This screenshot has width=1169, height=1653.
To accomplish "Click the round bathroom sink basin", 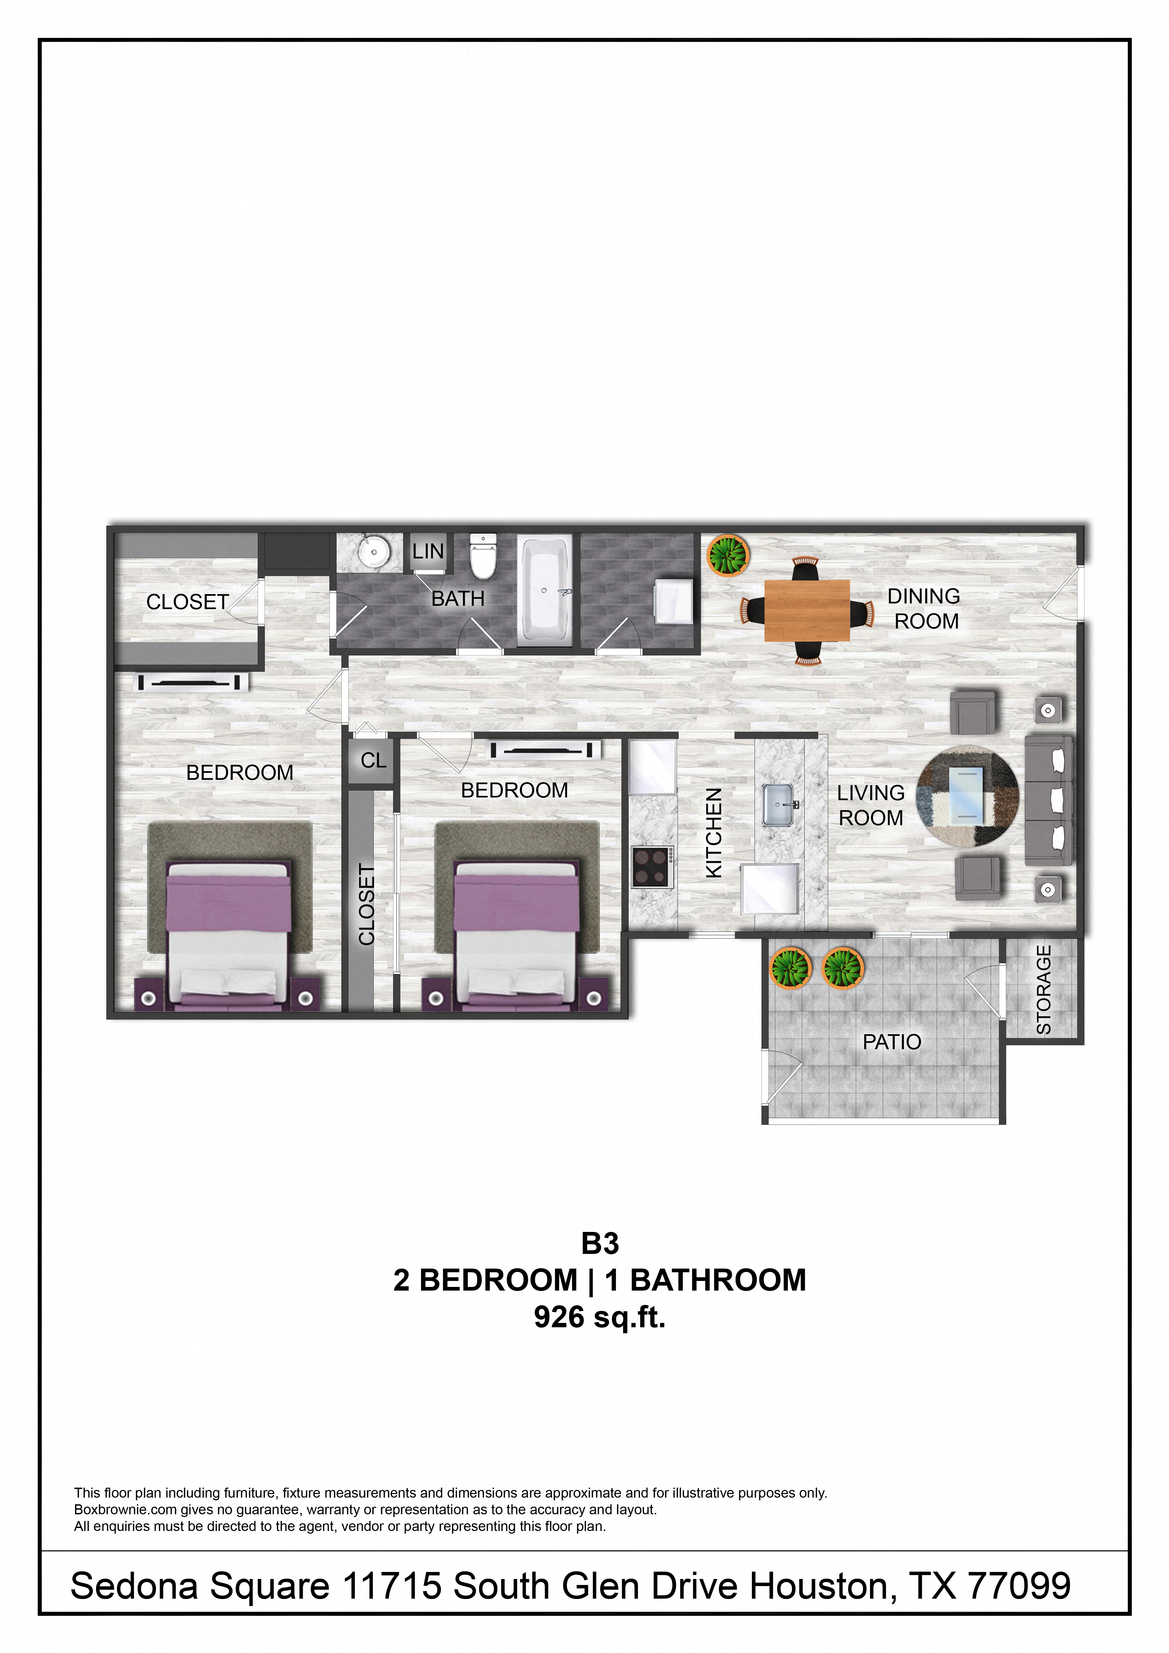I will tap(373, 552).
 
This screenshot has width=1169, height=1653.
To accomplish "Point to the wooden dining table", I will tap(807, 610).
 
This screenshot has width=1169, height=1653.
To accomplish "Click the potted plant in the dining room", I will tap(729, 555).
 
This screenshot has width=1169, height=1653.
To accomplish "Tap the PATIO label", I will tap(892, 1042).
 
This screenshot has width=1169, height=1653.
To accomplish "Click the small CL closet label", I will tap(373, 760).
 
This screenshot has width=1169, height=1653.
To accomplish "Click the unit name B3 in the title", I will tap(600, 1243).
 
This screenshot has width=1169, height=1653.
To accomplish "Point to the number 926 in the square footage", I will tap(558, 1317).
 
